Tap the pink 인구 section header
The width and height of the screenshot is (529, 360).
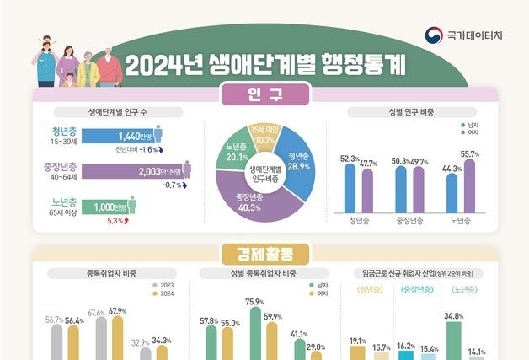(264, 95)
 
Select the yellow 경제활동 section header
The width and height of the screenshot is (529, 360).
(264, 252)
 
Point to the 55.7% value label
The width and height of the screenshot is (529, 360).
(469, 154)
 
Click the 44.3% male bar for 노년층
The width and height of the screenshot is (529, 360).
(452, 193)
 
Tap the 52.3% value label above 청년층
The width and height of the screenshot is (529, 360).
(348, 159)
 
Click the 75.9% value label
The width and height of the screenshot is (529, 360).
(254, 302)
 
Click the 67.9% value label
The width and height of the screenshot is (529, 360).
(117, 311)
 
